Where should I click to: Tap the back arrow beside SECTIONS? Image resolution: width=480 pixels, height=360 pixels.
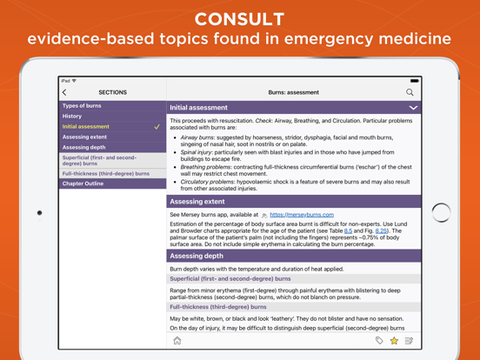(64, 92)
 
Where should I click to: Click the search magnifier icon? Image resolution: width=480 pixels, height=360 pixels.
(410, 92)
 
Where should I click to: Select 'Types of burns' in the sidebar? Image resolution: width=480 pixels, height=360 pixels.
(82, 106)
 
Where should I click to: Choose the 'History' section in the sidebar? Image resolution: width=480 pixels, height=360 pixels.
(72, 117)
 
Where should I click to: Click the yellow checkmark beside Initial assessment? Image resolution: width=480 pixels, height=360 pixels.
(157, 127)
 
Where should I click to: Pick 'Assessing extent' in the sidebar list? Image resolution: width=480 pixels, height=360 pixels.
(85, 137)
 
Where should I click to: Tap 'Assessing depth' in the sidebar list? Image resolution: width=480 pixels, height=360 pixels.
(84, 148)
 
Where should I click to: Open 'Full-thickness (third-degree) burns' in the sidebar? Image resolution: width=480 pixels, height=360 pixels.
(105, 174)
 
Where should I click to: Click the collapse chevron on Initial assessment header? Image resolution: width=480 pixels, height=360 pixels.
(413, 108)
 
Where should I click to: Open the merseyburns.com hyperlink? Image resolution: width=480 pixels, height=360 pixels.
(301, 215)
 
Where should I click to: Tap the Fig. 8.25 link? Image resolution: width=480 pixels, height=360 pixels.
(381, 230)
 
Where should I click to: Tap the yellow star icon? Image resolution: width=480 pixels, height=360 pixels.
(394, 341)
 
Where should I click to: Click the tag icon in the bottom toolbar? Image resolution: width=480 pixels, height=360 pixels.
(379, 341)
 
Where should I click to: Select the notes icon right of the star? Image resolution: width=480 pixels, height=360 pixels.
(409, 341)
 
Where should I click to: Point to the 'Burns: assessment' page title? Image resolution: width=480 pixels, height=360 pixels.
(293, 92)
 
